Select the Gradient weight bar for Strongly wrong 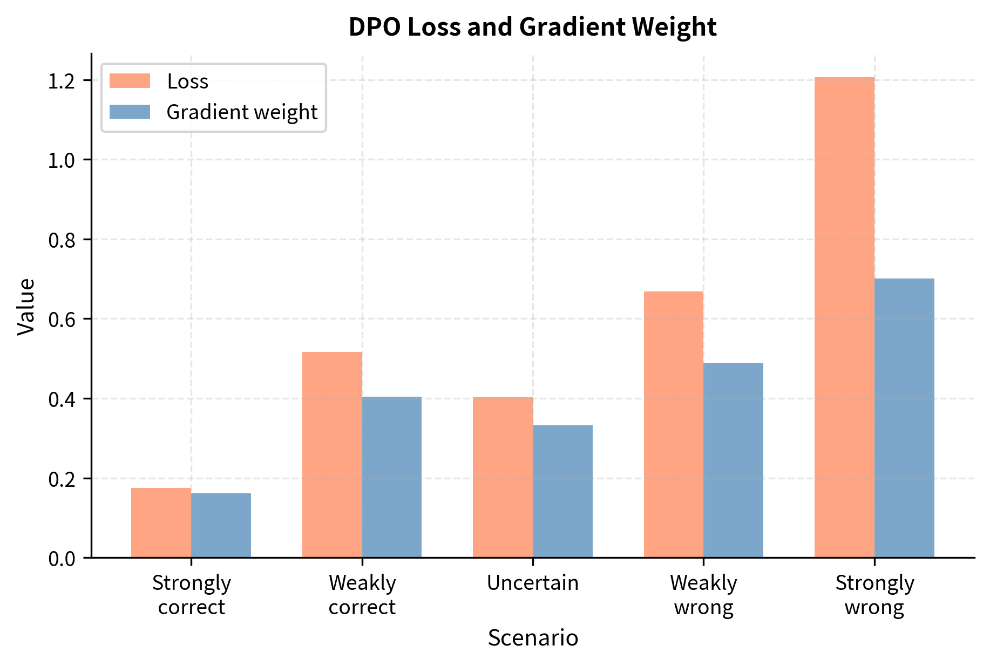pyautogui.click(x=904, y=418)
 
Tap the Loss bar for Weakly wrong pyautogui.click(x=674, y=425)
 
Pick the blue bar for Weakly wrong pyautogui.click(x=733, y=460)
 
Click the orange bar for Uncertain pyautogui.click(x=503, y=478)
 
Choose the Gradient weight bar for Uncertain pyautogui.click(x=562, y=492)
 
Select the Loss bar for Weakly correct pyautogui.click(x=332, y=455)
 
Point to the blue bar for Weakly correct pyautogui.click(x=392, y=477)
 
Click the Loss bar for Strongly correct pyautogui.click(x=161, y=523)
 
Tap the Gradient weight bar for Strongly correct pyautogui.click(x=221, y=526)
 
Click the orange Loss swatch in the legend pyautogui.click(x=130, y=81)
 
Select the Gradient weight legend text pyautogui.click(x=242, y=112)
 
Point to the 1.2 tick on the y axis pyautogui.click(x=61, y=81)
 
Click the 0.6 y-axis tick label pyautogui.click(x=61, y=320)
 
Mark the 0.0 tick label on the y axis pyautogui.click(x=61, y=559)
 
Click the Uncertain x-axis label pyautogui.click(x=532, y=583)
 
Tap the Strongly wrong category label pyautogui.click(x=874, y=595)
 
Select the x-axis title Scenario pyautogui.click(x=532, y=638)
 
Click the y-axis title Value pyautogui.click(x=26, y=307)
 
